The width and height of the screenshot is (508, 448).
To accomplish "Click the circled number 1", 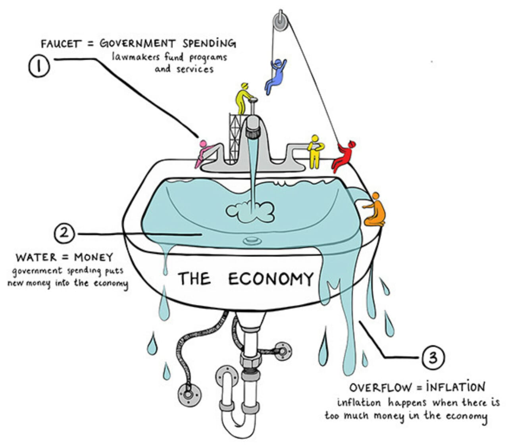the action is [39, 66].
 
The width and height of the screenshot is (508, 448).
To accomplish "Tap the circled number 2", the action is [64, 233].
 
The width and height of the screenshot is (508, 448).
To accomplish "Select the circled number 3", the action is [433, 357].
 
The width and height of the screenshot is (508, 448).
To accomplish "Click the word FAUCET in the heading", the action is [61, 44].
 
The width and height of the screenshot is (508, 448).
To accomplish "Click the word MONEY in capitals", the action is [93, 257].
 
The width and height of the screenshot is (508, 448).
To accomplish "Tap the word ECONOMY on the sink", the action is [271, 279].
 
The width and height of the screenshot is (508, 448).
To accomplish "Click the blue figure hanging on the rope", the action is [275, 76].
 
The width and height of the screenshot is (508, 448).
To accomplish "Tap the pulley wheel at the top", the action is [280, 22].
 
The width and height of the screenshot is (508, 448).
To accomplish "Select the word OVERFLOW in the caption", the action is [380, 388].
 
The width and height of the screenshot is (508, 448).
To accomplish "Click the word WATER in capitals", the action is [37, 257].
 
